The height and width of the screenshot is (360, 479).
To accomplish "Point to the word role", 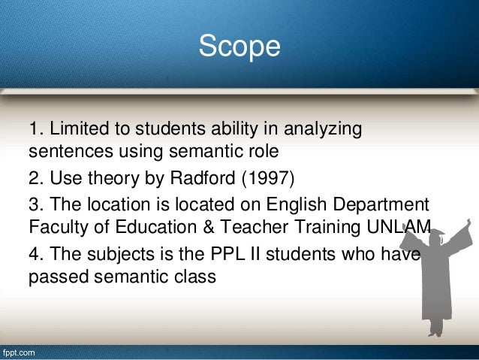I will (x=264, y=153).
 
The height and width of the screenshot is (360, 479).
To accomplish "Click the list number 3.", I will (x=34, y=204).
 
